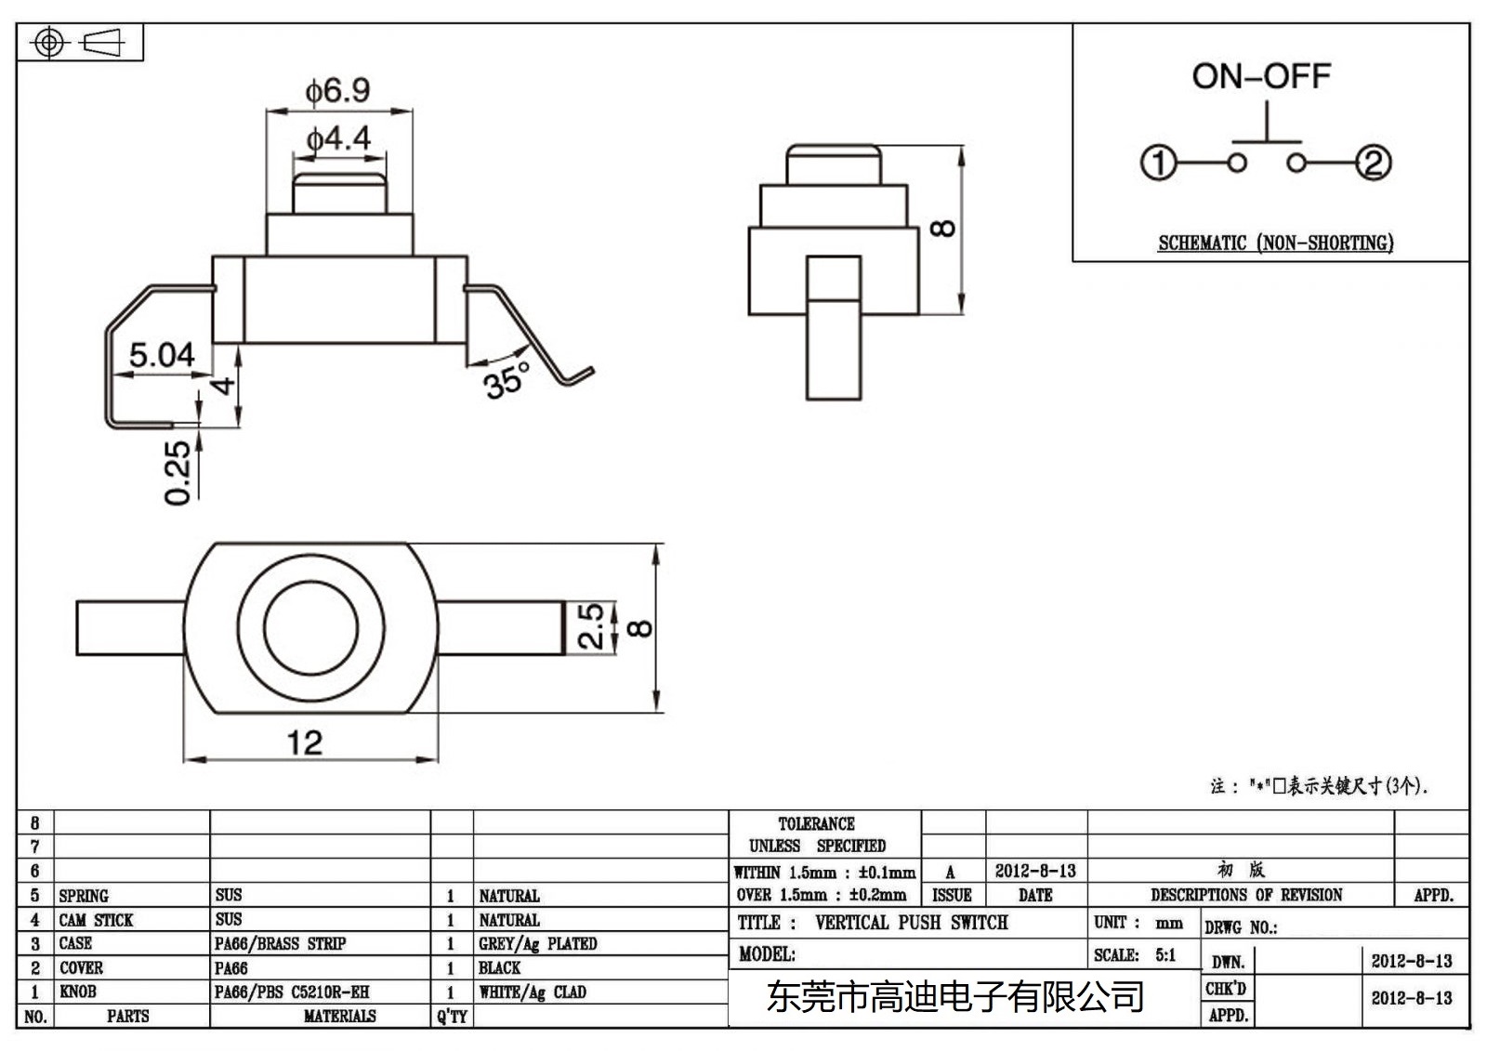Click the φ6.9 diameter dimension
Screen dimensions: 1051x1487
tap(338, 90)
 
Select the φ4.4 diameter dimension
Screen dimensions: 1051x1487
tap(338, 139)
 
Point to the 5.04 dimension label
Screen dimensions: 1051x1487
tap(161, 354)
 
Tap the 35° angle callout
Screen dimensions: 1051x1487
tap(507, 379)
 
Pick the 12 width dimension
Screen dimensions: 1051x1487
tap(304, 742)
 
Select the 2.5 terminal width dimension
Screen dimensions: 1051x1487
tap(591, 626)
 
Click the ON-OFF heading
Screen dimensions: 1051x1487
tap(1261, 76)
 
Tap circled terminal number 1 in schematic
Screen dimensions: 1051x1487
tap(1158, 164)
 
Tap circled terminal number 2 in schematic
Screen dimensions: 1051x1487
tap(1374, 164)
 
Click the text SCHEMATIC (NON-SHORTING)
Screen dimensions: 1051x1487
tap(1275, 243)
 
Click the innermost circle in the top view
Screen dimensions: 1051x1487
tap(310, 627)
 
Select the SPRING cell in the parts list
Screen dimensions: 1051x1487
tap(84, 896)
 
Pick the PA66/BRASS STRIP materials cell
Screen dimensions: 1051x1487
tap(280, 944)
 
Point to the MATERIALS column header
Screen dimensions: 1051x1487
tap(339, 1017)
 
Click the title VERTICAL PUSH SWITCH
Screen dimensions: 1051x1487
tap(911, 923)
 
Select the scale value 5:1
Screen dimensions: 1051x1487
tap(1165, 955)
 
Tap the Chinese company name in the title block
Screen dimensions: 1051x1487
tap(954, 997)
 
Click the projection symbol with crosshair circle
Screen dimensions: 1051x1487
tap(49, 43)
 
